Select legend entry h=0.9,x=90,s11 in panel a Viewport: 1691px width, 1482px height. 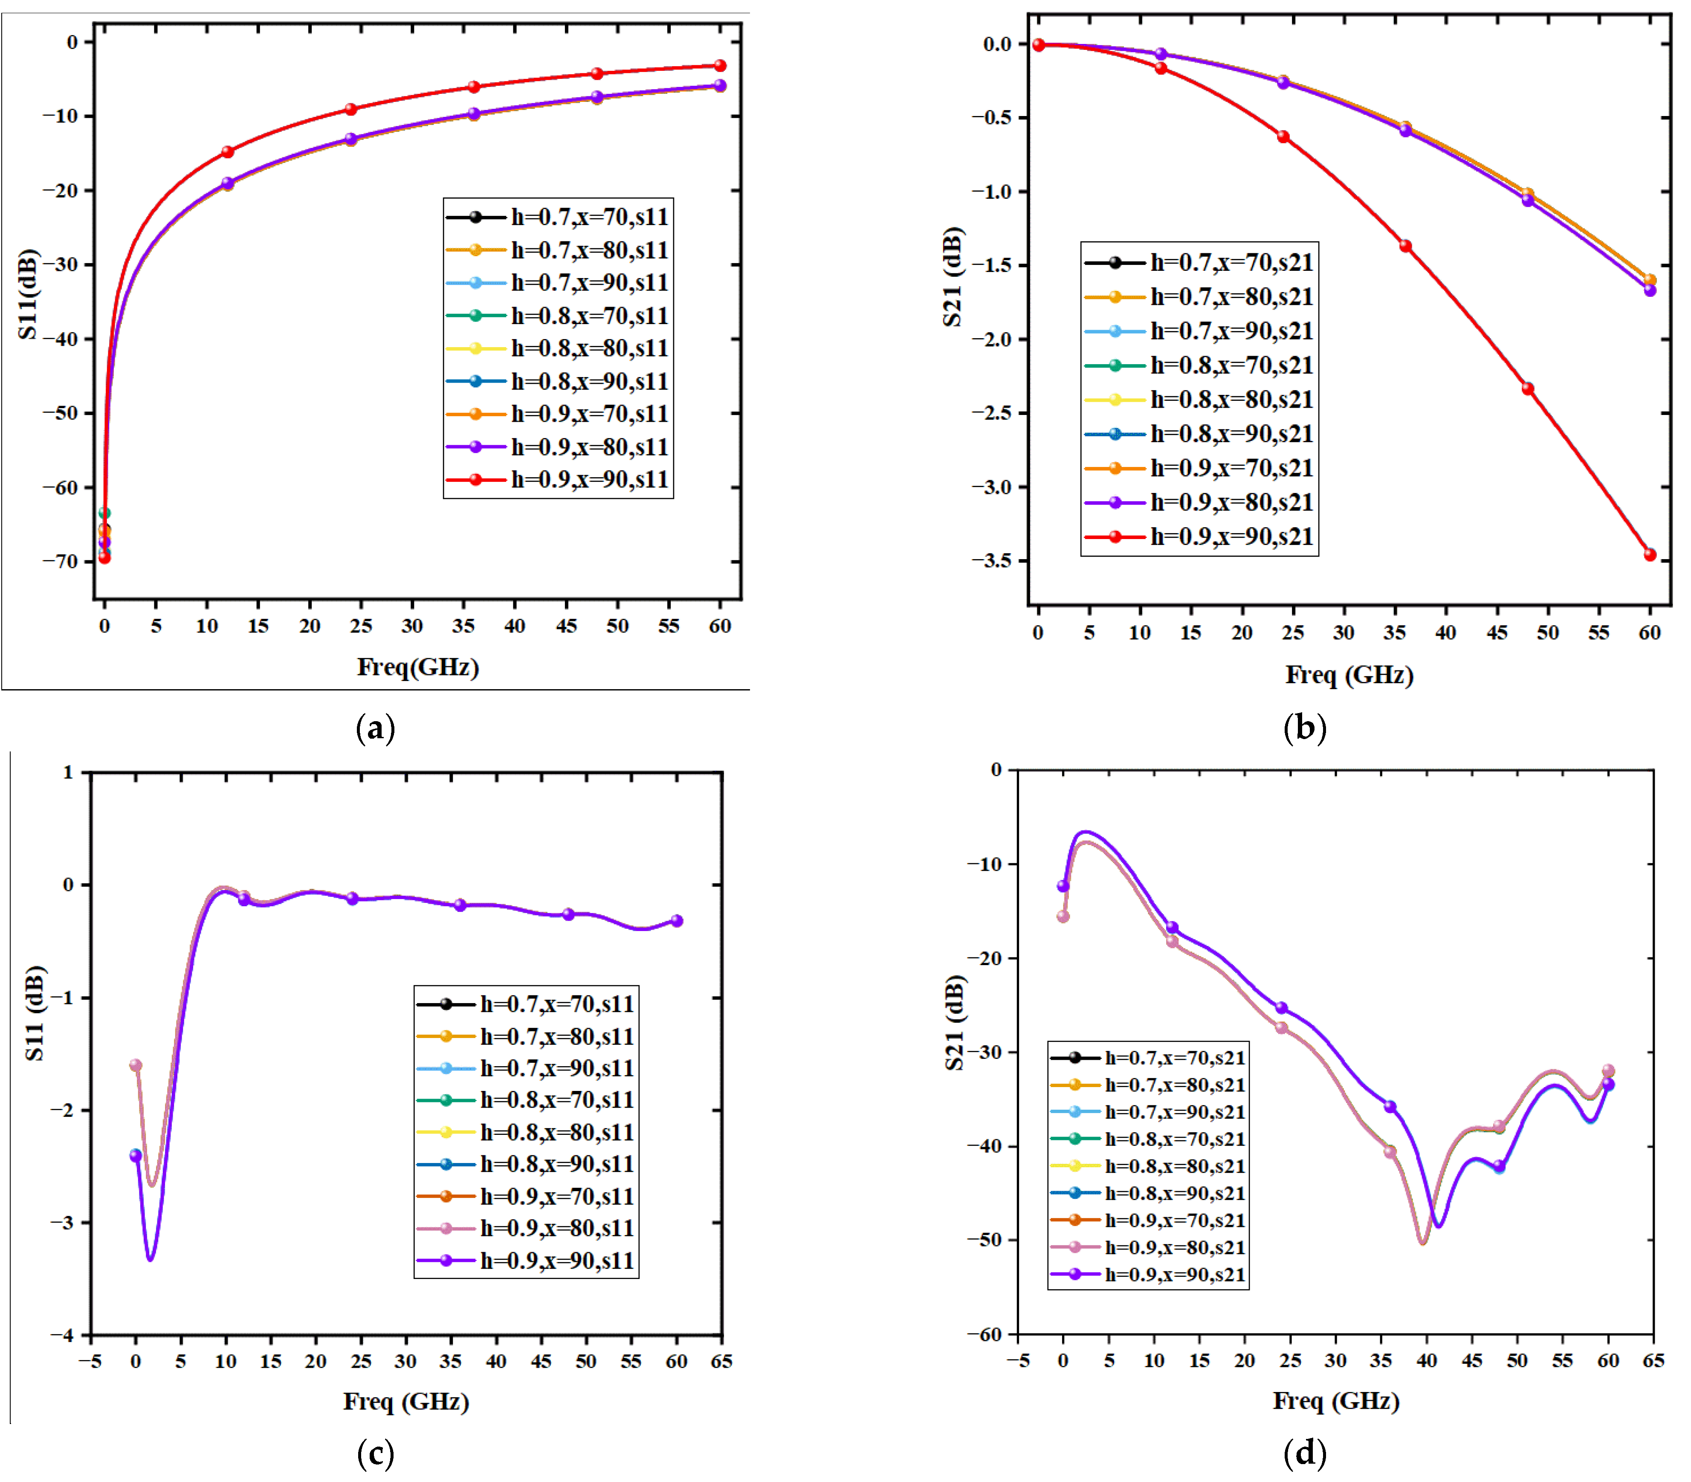tap(589, 480)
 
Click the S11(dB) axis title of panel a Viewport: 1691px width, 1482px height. tap(28, 293)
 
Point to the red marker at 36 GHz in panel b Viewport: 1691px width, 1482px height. tap(1405, 246)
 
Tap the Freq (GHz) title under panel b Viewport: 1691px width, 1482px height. tap(1349, 675)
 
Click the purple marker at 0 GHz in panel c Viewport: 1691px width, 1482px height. tap(136, 1155)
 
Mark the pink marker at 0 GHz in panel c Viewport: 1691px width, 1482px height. tap(136, 1065)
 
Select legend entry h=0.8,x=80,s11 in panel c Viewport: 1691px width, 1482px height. tap(556, 1132)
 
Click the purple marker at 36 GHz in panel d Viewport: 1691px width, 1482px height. tap(1390, 1107)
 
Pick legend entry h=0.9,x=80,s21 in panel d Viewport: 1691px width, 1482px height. tap(1174, 1247)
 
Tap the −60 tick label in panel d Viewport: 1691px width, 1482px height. tap(984, 1334)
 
